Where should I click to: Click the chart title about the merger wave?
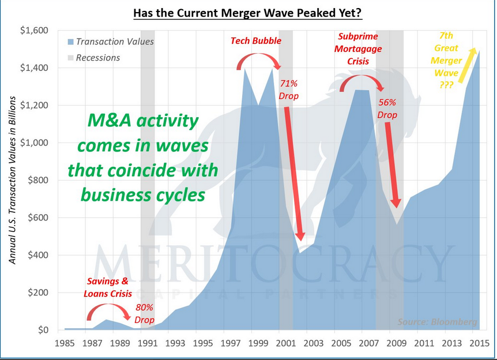point(248,12)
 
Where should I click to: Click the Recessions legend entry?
point(98,58)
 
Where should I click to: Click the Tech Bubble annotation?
point(256,41)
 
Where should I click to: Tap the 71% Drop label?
point(288,89)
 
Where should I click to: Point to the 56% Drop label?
point(387,108)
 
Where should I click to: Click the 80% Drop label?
point(145,313)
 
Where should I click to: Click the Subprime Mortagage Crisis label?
point(359,49)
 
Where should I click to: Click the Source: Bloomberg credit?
point(438,322)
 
